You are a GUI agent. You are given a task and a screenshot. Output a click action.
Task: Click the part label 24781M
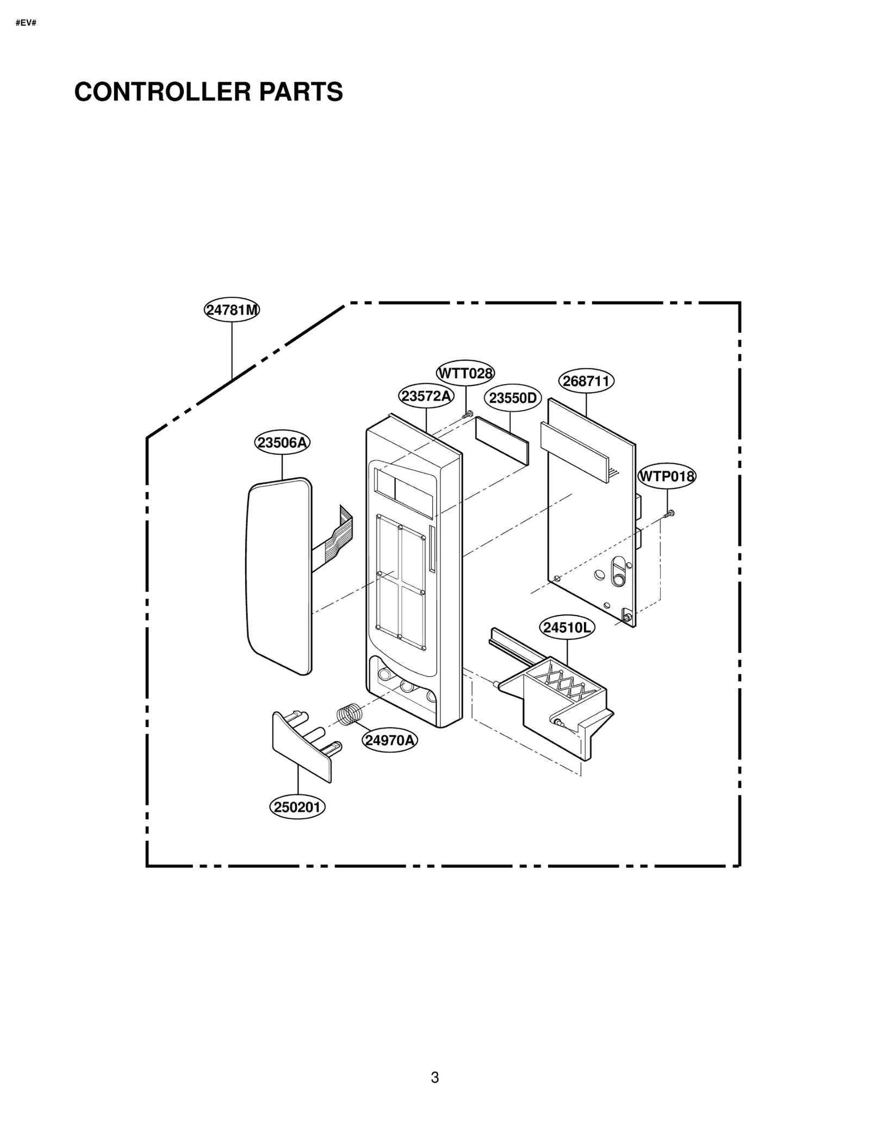(x=232, y=310)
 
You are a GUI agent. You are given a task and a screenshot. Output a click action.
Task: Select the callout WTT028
(x=465, y=373)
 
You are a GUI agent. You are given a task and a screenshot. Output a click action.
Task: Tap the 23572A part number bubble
(x=426, y=396)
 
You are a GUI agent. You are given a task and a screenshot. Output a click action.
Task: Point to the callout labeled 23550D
(x=512, y=398)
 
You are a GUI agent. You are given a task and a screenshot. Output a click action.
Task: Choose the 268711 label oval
(x=586, y=381)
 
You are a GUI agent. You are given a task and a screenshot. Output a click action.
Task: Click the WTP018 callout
(x=667, y=477)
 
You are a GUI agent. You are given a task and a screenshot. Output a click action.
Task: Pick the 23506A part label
(x=282, y=443)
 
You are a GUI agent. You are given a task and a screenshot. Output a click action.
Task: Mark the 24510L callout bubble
(x=567, y=627)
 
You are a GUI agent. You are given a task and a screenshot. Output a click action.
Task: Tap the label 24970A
(x=390, y=740)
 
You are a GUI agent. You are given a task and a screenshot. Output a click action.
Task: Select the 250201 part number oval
(x=297, y=806)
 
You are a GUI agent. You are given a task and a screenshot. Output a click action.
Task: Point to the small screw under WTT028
(x=468, y=415)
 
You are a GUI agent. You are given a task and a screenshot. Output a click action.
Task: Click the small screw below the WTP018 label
(x=670, y=513)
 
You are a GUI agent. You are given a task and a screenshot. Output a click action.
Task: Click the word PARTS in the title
(x=301, y=91)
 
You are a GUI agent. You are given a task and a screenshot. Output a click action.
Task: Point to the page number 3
(x=434, y=1077)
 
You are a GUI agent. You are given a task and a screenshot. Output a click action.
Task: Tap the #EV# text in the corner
(x=26, y=23)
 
